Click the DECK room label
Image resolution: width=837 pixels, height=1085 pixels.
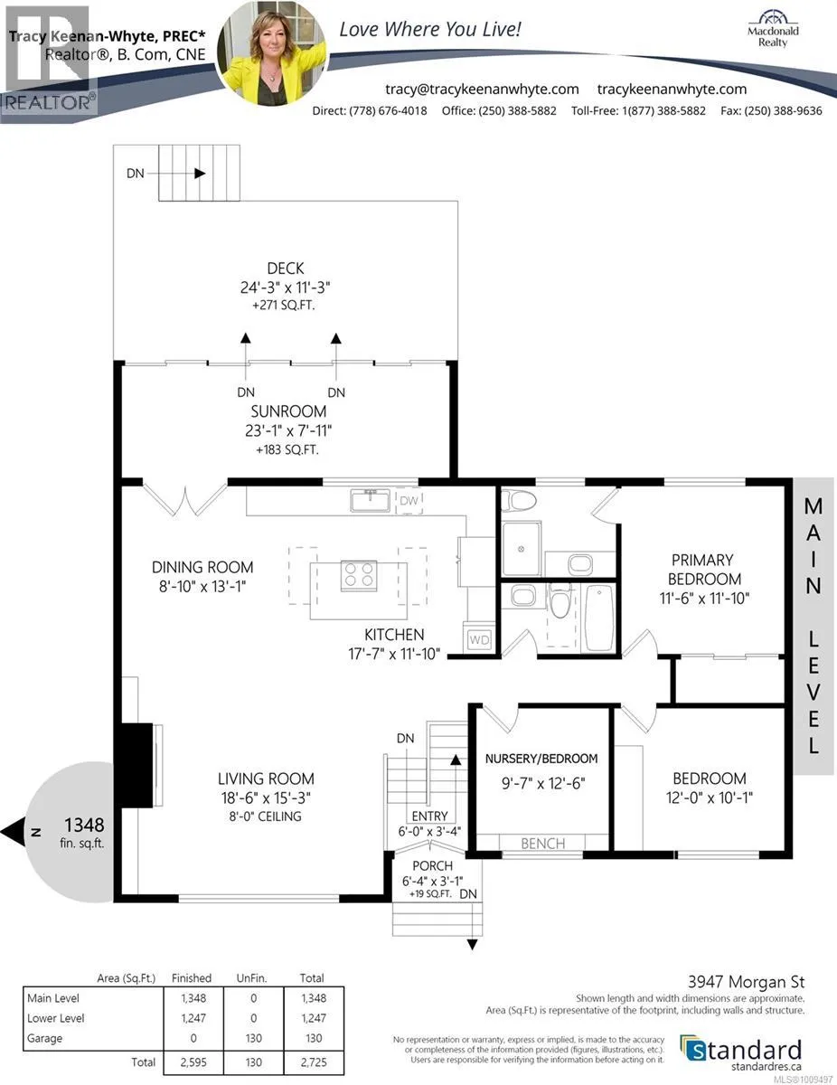click(x=286, y=269)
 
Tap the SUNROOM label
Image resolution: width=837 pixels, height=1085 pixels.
click(x=288, y=411)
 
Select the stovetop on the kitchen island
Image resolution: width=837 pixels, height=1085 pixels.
click(x=359, y=575)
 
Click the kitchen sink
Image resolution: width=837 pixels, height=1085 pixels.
click(x=370, y=500)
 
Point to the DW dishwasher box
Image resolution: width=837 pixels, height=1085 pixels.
click(x=409, y=501)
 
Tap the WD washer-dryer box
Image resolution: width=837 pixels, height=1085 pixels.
click(x=479, y=639)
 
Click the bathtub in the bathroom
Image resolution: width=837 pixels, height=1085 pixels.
click(x=599, y=618)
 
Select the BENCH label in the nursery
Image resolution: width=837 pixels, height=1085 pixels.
click(x=543, y=844)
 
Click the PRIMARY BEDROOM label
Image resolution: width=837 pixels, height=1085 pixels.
click(x=704, y=570)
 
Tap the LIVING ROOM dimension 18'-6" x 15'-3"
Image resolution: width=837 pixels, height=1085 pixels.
click(x=266, y=797)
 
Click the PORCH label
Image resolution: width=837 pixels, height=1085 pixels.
click(x=432, y=866)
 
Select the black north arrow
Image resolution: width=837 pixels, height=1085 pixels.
click(x=13, y=832)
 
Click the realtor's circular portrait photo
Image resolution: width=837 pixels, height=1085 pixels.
click(x=272, y=53)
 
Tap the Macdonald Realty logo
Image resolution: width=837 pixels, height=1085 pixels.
click(x=773, y=29)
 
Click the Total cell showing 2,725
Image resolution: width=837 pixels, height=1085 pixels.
click(x=314, y=1062)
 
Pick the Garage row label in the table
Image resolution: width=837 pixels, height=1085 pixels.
click(x=45, y=1038)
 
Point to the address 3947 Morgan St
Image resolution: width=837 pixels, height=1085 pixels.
click(x=747, y=982)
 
